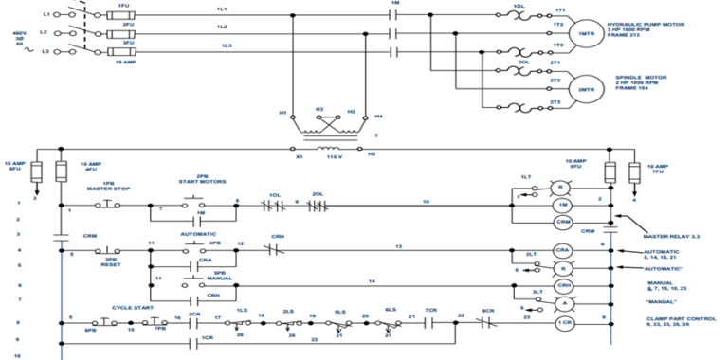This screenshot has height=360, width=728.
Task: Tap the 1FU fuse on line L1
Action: (x=123, y=14)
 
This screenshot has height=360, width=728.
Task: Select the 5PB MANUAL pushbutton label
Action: (x=219, y=275)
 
